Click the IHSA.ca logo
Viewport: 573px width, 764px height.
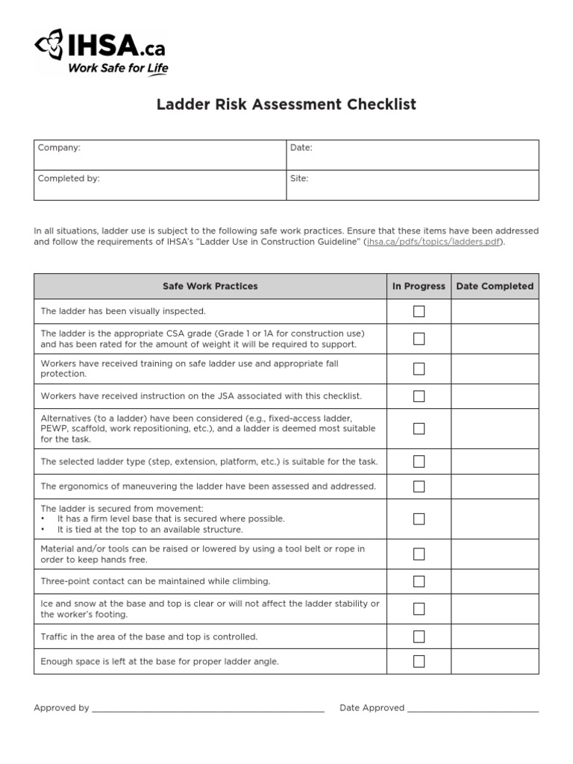tap(99, 48)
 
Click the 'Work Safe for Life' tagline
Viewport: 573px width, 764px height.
tap(118, 69)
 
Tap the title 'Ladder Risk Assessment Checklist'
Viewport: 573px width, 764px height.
tap(286, 104)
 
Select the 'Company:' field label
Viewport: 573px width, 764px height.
tap(59, 148)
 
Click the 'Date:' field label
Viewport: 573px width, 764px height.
tap(301, 148)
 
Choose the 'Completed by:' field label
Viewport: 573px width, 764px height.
tap(69, 179)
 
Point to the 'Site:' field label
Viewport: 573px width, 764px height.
tap(299, 179)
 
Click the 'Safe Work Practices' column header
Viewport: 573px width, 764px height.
tap(210, 286)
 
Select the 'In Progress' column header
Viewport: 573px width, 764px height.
tap(419, 286)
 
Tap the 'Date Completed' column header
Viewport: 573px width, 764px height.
tap(495, 286)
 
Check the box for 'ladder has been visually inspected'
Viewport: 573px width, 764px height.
tap(419, 311)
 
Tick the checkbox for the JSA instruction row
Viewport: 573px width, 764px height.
tap(419, 396)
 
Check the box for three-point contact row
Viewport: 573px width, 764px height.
tap(419, 581)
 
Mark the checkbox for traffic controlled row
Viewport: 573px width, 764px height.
tap(419, 636)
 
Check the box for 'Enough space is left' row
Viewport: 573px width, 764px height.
tap(419, 661)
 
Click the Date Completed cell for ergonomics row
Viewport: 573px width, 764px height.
tap(495, 486)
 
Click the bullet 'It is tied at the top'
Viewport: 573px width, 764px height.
tap(150, 530)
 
